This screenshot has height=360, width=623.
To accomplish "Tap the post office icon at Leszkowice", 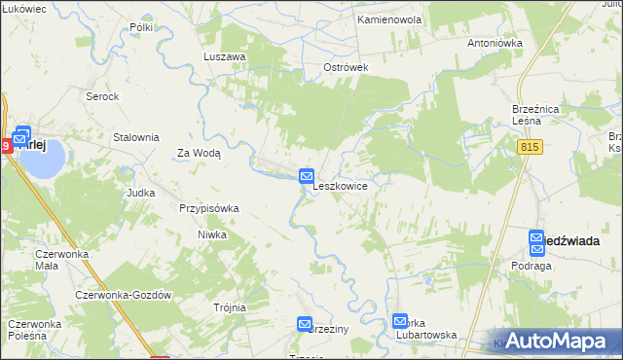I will pyautogui.click(x=306, y=175).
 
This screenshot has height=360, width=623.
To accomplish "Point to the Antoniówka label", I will pyautogui.click(x=495, y=43).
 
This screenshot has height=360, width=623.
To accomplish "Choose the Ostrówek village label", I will pyautogui.click(x=346, y=67).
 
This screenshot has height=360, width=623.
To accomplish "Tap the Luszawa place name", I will pyautogui.click(x=224, y=56).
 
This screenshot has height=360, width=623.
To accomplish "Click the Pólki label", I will pyautogui.click(x=141, y=27).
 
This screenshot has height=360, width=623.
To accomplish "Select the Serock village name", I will pyautogui.click(x=102, y=96).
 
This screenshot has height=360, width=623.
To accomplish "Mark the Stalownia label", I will pyautogui.click(x=136, y=137).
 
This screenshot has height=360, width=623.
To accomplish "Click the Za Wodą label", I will pyautogui.click(x=199, y=153).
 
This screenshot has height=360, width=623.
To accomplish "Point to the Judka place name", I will pyautogui.click(x=141, y=193).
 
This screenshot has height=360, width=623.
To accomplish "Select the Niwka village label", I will pyautogui.click(x=212, y=234).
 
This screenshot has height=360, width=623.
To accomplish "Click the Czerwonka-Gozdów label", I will pyautogui.click(x=124, y=295).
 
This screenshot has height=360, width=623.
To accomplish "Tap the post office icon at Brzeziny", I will pyautogui.click(x=305, y=324).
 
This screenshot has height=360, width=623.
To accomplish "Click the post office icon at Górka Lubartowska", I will pyautogui.click(x=400, y=321).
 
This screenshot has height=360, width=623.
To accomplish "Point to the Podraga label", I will pyautogui.click(x=531, y=265).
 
